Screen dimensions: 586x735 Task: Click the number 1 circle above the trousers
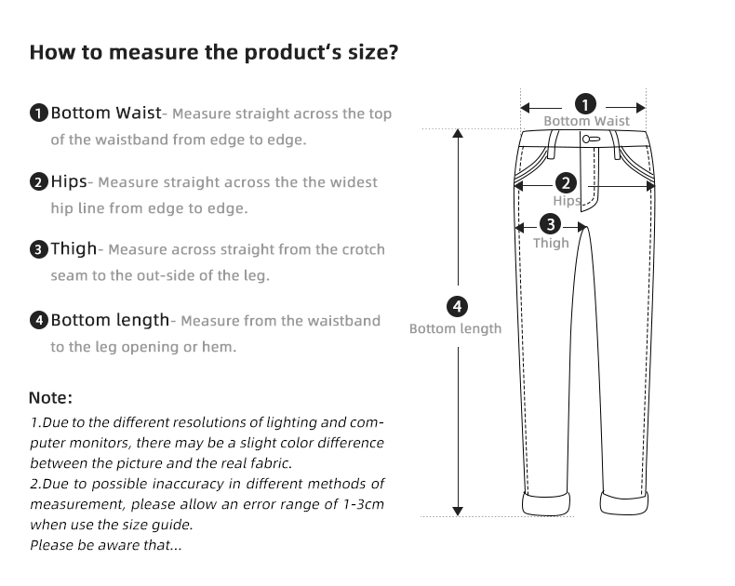(585, 103)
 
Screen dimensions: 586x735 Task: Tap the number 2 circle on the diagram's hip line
(566, 183)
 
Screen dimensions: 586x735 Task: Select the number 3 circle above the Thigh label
(551, 224)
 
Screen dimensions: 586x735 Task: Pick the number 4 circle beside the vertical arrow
(456, 306)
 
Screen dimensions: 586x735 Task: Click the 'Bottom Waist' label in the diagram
(586, 121)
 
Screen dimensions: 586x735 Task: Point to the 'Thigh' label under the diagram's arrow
(551, 243)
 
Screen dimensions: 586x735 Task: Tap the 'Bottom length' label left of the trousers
(456, 328)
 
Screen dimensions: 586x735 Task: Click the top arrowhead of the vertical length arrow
(457, 134)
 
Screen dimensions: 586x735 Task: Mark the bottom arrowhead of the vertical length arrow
(457, 510)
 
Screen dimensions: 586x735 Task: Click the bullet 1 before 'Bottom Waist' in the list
(38, 114)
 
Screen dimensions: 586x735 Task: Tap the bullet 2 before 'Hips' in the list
(38, 181)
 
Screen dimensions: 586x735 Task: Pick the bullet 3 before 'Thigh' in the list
(38, 249)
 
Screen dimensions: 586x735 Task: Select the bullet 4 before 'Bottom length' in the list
(38, 321)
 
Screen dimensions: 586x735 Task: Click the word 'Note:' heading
(50, 398)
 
